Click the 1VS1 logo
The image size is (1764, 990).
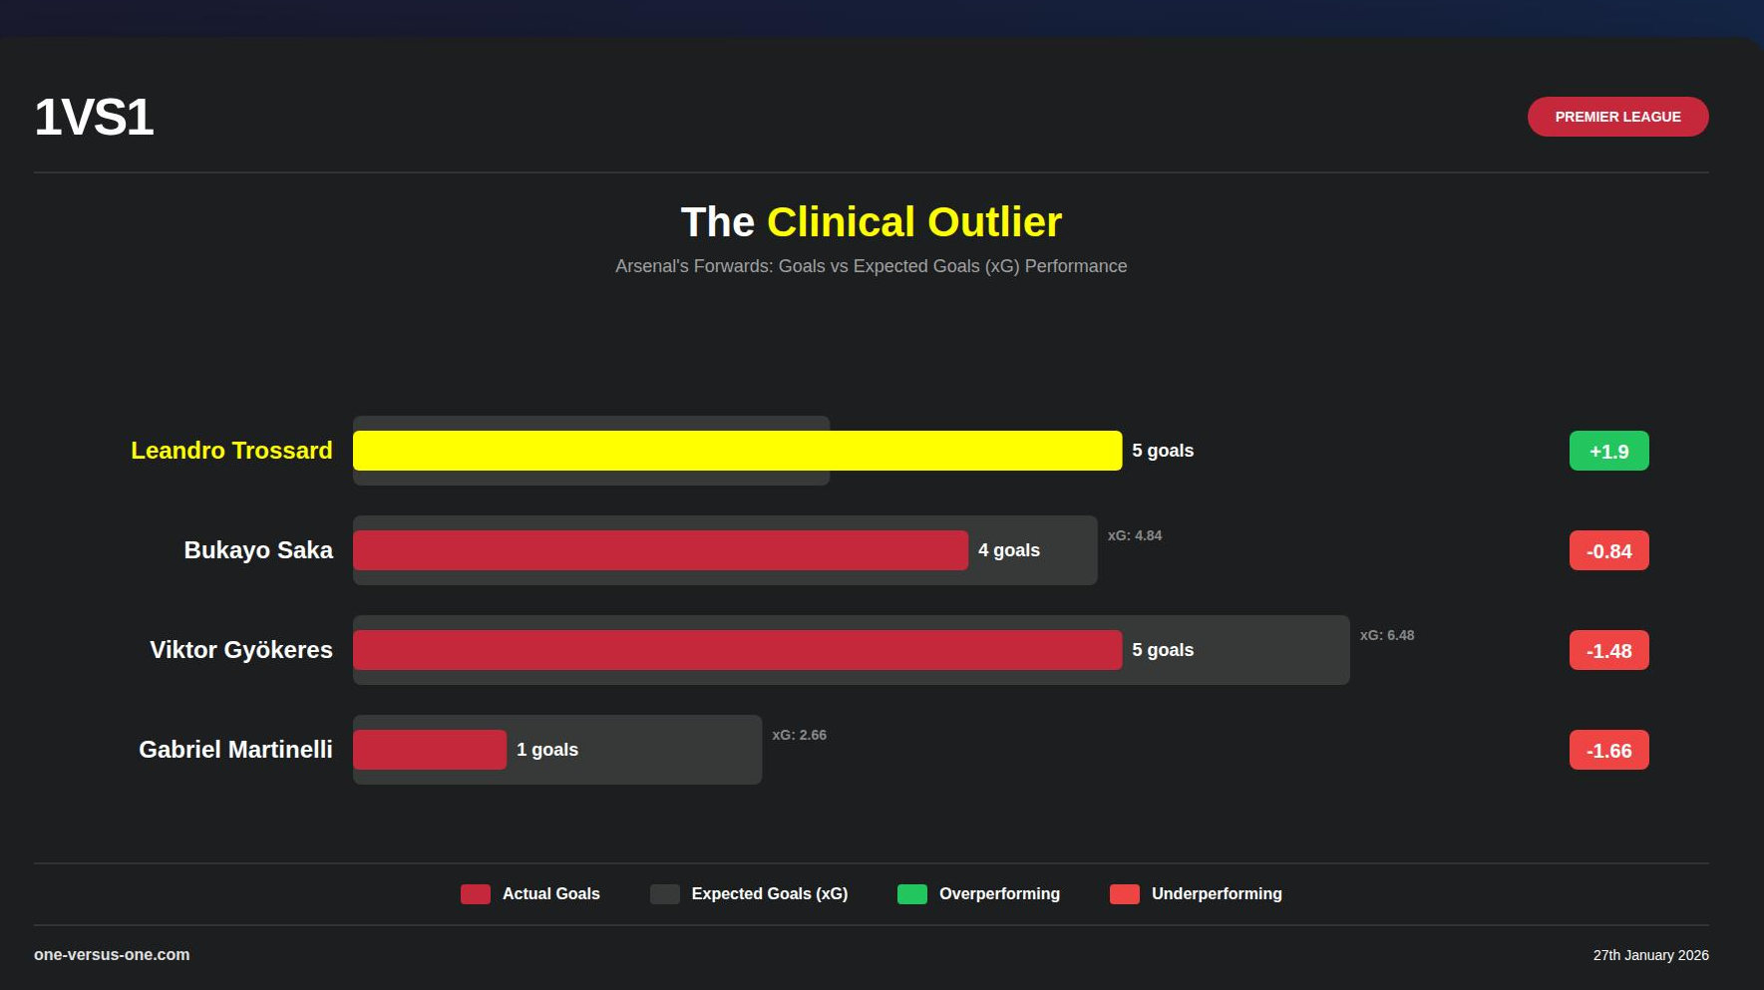(x=94, y=118)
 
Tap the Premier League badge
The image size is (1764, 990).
(x=1617, y=117)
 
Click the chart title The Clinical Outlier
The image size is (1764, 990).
(x=871, y=221)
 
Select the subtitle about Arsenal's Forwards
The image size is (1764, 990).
(x=871, y=266)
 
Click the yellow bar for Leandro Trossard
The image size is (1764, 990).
(x=737, y=451)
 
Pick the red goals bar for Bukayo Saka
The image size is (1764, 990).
(x=660, y=550)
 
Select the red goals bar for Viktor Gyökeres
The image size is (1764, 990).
(x=737, y=650)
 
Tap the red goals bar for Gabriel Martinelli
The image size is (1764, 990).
(x=430, y=750)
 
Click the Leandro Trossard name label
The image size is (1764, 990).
(x=231, y=451)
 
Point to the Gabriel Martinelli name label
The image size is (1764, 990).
(x=235, y=750)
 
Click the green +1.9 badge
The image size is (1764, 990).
(x=1608, y=451)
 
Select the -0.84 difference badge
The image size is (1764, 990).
(x=1608, y=550)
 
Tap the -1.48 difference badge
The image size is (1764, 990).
(x=1608, y=650)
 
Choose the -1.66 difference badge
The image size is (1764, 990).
(x=1608, y=750)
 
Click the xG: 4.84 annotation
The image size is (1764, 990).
(x=1135, y=535)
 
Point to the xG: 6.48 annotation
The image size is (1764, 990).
(x=1387, y=635)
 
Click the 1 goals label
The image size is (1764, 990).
(x=547, y=750)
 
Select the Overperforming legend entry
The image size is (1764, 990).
(x=978, y=894)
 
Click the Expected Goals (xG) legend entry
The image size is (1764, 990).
(x=749, y=894)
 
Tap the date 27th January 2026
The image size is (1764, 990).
(x=1650, y=955)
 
